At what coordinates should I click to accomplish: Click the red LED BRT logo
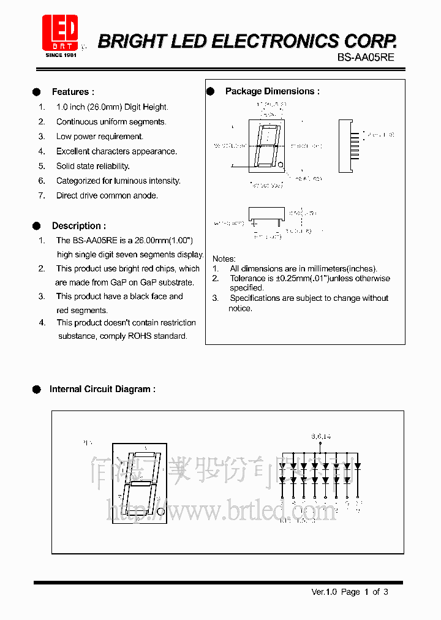click(x=60, y=34)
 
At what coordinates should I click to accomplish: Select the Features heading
click(x=73, y=92)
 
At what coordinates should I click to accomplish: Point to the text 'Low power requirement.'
click(x=100, y=137)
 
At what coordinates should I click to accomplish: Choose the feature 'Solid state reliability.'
click(x=93, y=166)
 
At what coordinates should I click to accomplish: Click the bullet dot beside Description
click(x=37, y=225)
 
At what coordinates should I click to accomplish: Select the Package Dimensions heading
click(x=272, y=91)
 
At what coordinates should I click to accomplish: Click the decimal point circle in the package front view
click(x=281, y=164)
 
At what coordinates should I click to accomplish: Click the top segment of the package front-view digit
click(x=268, y=127)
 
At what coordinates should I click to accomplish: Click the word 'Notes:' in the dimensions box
click(x=224, y=259)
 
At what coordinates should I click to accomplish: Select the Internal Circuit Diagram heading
click(x=102, y=389)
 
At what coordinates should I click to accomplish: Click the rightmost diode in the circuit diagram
click(x=358, y=466)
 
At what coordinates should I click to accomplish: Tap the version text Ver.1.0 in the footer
click(x=325, y=592)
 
